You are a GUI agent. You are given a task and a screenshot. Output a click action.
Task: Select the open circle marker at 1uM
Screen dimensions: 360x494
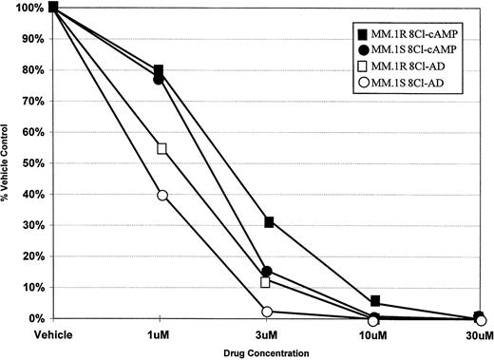[162, 195]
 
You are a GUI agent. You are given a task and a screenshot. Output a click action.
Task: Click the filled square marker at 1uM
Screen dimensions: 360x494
[159, 70]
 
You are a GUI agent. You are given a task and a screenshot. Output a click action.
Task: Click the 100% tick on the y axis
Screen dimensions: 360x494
[26, 8]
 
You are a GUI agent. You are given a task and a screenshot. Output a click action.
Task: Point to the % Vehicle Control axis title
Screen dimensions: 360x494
[8, 161]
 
